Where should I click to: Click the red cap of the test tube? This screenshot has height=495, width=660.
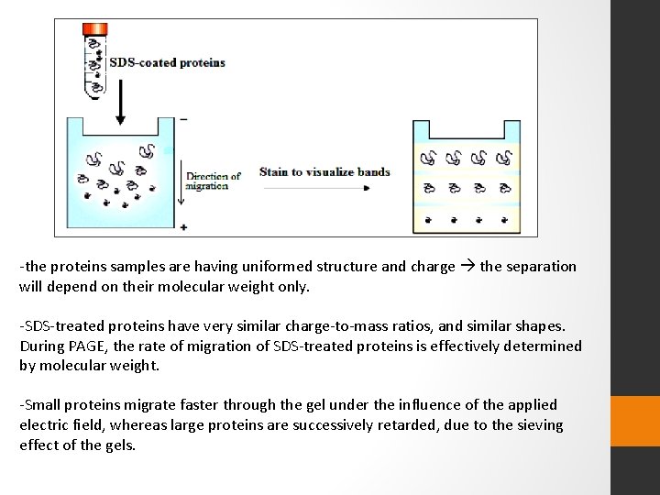point(94,30)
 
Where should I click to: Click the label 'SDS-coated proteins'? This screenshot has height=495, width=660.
point(167,63)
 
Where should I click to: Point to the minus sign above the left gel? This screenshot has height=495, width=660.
point(184,119)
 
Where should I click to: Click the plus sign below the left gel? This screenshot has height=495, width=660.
point(184,225)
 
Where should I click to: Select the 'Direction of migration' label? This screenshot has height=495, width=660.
point(213,180)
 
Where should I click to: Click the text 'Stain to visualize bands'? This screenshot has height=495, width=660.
point(324,171)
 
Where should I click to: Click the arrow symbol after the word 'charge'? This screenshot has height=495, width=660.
point(467,267)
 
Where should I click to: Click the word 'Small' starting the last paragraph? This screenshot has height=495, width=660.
point(42,404)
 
